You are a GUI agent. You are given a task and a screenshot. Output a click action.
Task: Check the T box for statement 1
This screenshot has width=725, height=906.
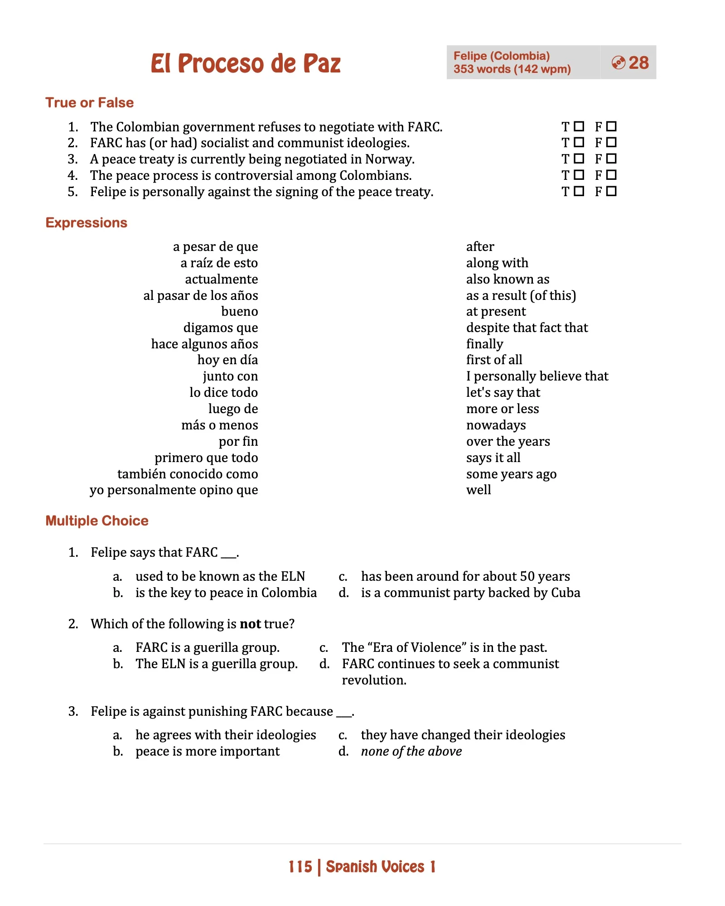coord(579,126)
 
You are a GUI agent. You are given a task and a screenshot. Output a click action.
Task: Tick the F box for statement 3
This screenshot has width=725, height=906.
coord(611,159)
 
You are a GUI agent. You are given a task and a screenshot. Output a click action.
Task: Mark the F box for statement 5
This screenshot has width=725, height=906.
coord(611,191)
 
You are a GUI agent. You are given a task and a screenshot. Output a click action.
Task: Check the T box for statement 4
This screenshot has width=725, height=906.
coord(579,175)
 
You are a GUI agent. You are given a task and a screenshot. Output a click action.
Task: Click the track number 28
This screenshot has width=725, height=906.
coord(638,63)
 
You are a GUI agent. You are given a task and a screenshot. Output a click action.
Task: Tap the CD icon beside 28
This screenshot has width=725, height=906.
coord(618,63)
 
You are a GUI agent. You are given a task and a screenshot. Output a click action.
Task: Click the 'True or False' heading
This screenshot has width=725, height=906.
coord(89,103)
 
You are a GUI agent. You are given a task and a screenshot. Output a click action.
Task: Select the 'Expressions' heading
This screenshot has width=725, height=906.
coord(86,223)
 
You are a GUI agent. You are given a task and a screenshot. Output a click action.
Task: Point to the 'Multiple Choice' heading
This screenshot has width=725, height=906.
coord(97,521)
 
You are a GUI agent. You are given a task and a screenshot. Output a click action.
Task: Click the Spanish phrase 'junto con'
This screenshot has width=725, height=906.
coord(230,376)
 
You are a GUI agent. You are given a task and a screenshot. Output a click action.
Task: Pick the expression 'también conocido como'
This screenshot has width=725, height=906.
coord(188,474)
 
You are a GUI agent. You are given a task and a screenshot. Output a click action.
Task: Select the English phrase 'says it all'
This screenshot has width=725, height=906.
coord(493,458)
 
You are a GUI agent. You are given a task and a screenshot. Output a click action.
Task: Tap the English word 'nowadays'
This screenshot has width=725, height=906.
coord(496,425)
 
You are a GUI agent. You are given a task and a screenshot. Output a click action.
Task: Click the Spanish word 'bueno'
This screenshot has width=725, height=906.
coord(239,312)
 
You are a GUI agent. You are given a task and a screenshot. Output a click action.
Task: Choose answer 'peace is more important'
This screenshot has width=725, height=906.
coord(208,752)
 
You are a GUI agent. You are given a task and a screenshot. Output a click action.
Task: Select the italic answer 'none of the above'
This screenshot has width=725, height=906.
coord(411,752)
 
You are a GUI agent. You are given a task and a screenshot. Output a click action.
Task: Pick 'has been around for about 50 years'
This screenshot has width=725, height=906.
coord(465,577)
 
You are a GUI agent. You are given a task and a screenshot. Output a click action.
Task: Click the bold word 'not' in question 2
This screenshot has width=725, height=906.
coord(250,624)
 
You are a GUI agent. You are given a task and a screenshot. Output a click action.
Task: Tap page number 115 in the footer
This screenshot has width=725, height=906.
coord(300,867)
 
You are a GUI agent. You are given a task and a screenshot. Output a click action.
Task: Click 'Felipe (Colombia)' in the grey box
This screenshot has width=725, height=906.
coord(501,56)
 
